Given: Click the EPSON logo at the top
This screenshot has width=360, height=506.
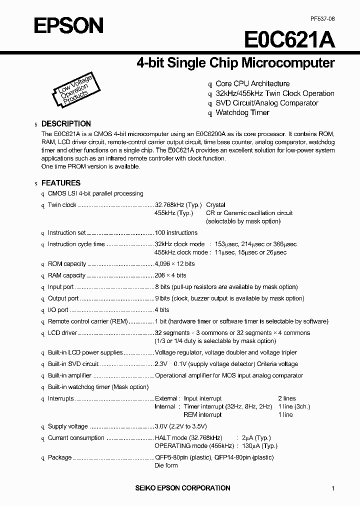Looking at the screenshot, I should pyautogui.click(x=68, y=25).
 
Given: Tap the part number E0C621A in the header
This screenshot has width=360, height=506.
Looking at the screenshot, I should pyautogui.click(x=289, y=39).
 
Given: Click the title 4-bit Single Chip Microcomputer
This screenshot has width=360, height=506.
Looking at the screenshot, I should pyautogui.click(x=235, y=63).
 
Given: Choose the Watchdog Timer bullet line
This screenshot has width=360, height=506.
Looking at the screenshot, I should pyautogui.click(x=242, y=112).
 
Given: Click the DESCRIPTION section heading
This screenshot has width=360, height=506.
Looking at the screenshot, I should pyautogui.click(x=66, y=123).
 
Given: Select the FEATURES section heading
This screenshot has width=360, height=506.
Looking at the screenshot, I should pyautogui.click(x=60, y=183).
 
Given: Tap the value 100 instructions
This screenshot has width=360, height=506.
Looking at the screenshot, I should pyautogui.click(x=176, y=232).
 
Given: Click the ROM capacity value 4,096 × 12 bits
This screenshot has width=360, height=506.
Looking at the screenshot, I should pyautogui.click(x=174, y=263).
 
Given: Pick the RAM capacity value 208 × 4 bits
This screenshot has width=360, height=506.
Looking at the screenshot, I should pyautogui.click(x=170, y=275).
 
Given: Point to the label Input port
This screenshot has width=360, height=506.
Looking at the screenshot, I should pyautogui.click(x=60, y=287).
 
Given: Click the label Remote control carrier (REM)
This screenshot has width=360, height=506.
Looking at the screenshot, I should pyautogui.click(x=88, y=321).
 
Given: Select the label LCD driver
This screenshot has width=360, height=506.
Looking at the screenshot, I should pyautogui.click(x=62, y=332).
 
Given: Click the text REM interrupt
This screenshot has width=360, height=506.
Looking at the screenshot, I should pyautogui.click(x=202, y=414).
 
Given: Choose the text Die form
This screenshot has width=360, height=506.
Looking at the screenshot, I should pyautogui.click(x=166, y=465).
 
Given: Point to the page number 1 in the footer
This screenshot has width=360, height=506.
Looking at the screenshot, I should pyautogui.click(x=332, y=488).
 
